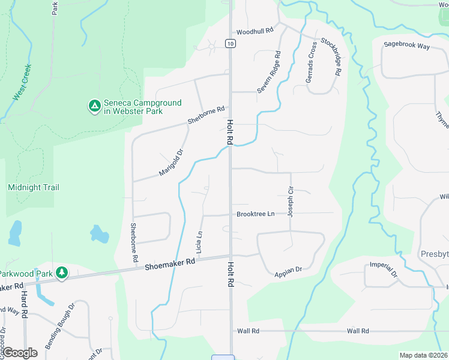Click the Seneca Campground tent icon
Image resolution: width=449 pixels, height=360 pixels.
point(94,107)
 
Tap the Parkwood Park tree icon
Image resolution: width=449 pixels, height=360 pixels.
point(61,274)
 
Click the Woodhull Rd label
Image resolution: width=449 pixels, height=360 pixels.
point(255,31)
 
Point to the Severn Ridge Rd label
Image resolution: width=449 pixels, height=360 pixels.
point(269,71)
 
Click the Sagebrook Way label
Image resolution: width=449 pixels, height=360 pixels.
point(407,45)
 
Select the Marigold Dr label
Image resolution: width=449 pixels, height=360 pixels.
point(170,163)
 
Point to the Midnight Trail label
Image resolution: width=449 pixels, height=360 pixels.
point(34,187)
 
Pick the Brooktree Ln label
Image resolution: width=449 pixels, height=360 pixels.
point(255,214)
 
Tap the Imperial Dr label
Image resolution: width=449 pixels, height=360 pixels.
point(384,269)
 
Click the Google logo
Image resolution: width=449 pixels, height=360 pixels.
point(20,353)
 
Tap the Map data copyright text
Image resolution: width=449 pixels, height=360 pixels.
point(424,355)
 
